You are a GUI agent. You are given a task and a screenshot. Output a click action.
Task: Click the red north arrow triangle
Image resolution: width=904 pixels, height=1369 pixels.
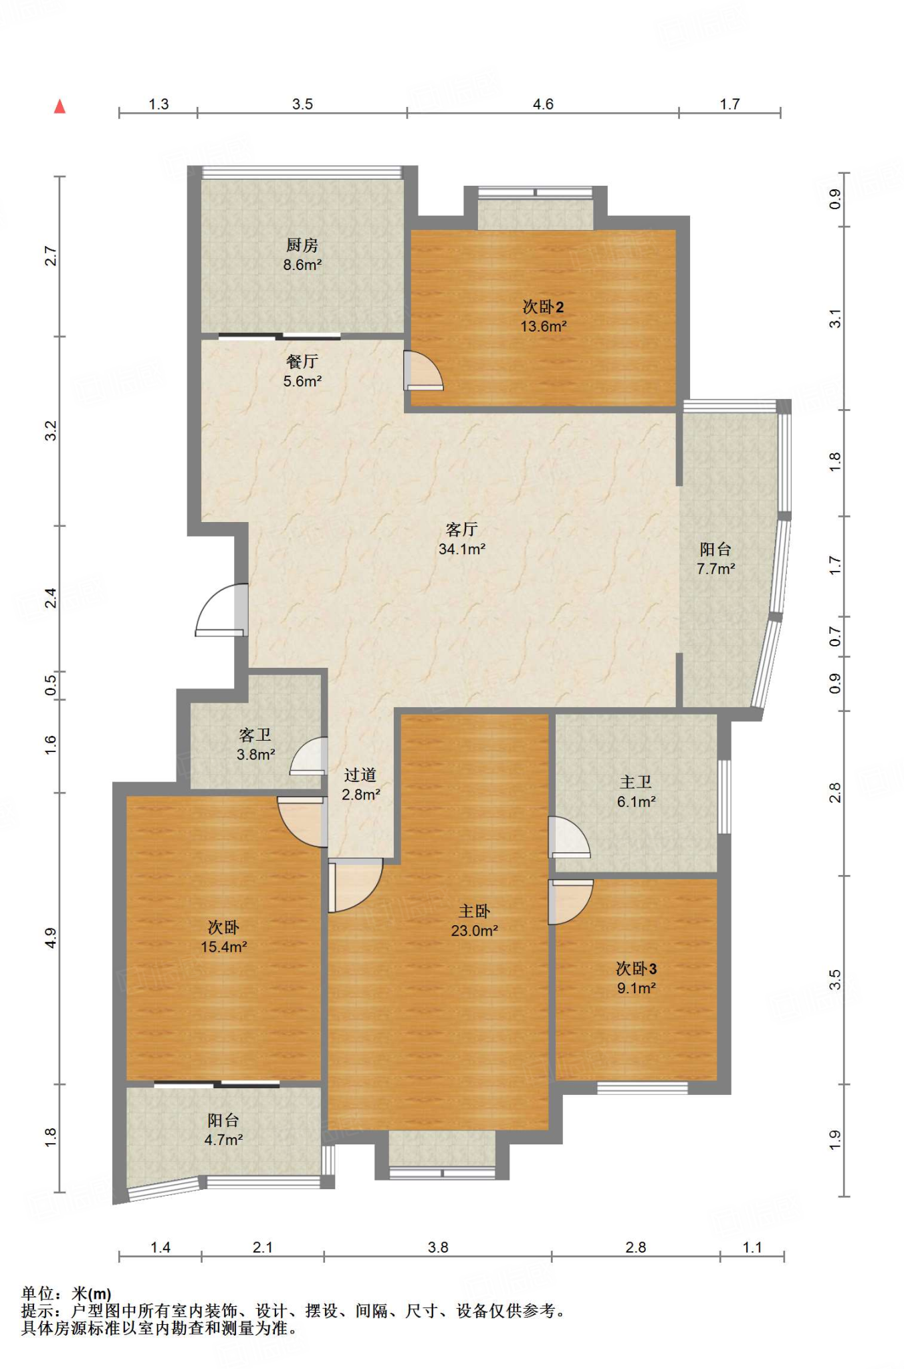[x=60, y=106]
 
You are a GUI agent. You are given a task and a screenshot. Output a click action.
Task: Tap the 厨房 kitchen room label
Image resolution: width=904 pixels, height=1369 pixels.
[x=302, y=245]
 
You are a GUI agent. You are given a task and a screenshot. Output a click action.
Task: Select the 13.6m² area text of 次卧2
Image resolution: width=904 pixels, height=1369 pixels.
[x=544, y=326]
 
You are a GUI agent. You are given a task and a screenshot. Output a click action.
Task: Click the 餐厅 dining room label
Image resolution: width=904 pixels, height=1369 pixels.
[x=302, y=362]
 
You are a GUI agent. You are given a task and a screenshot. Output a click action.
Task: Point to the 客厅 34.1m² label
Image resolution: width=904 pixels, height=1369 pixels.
[x=462, y=539]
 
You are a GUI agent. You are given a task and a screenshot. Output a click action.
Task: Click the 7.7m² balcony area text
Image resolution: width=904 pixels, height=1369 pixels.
[x=716, y=569]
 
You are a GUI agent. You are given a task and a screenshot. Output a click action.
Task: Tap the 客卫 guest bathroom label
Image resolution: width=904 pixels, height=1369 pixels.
[x=255, y=735]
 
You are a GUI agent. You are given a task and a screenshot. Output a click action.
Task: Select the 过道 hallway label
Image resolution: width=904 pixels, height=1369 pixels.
[x=360, y=775]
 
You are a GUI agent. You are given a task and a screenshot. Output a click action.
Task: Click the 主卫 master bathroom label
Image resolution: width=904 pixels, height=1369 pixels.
[x=636, y=781]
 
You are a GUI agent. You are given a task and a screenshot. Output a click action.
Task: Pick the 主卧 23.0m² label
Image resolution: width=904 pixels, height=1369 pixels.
[x=475, y=920]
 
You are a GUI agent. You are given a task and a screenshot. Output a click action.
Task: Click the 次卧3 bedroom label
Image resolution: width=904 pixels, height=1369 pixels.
[x=637, y=969]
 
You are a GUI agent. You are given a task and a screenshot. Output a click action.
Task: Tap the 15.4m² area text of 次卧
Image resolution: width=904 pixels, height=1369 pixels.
[x=224, y=947]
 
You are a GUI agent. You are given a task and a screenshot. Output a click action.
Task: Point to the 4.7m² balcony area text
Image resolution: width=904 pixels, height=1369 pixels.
[x=223, y=1140]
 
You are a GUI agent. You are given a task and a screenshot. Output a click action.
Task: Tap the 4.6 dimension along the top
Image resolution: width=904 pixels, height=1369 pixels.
[x=543, y=104]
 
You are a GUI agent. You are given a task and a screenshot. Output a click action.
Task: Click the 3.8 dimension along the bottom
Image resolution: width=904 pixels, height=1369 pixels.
[x=438, y=1247]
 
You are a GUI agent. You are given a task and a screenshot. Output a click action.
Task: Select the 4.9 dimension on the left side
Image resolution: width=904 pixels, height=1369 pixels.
[x=51, y=938]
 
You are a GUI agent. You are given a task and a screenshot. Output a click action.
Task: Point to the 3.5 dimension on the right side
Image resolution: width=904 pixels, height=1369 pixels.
[x=834, y=980]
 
